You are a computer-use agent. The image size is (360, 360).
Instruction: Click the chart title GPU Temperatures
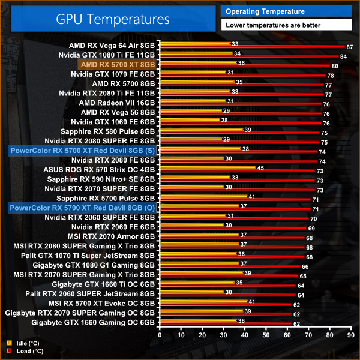(113, 19)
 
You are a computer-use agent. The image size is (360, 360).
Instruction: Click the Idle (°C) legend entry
(23, 343)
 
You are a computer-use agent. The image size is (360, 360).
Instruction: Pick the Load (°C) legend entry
(25, 351)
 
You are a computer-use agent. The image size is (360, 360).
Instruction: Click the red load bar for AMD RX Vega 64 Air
(252, 46)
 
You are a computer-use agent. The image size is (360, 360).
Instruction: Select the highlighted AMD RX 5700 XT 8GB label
(118, 64)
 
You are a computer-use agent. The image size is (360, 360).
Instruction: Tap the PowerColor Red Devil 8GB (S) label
(82, 150)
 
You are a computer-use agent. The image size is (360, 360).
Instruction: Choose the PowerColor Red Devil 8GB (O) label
(82, 208)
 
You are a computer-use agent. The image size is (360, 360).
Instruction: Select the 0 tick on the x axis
(160, 335)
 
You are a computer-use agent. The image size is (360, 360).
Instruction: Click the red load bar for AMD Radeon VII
(240, 104)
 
